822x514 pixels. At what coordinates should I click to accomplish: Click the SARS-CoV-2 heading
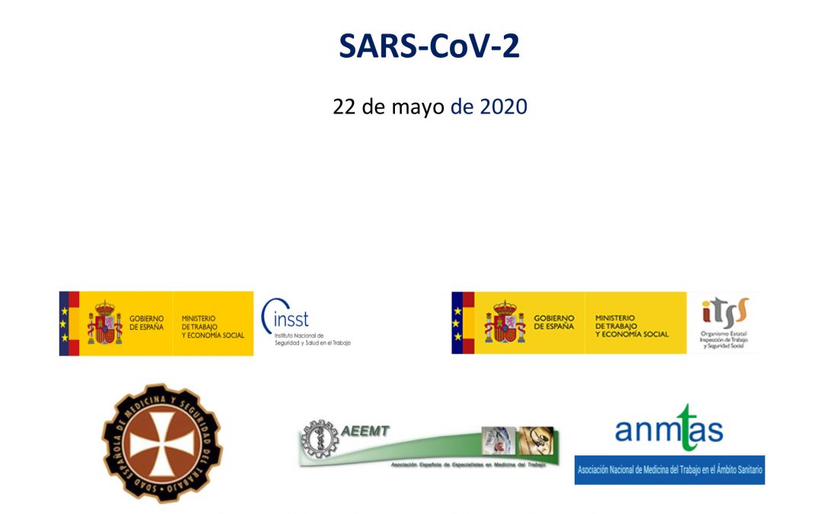point(429,46)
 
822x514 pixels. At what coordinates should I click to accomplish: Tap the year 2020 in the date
point(503,107)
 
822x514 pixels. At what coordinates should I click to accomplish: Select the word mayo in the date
point(417,107)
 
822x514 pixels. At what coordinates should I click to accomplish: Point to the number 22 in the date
point(346,107)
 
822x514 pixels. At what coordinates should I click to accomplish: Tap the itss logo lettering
point(724,311)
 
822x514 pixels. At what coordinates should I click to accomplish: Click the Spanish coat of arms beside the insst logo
point(104,323)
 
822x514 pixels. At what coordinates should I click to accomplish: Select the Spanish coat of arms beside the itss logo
point(505,322)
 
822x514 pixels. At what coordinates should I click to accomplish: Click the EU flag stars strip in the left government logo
point(64,323)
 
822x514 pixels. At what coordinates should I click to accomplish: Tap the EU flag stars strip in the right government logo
point(457,323)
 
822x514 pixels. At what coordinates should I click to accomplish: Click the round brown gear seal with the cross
point(162,442)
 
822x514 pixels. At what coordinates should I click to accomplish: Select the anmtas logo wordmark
point(669,428)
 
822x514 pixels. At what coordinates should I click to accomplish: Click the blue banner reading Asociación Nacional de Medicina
point(670,470)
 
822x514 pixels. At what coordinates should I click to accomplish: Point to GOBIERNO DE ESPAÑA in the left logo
point(146,323)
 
